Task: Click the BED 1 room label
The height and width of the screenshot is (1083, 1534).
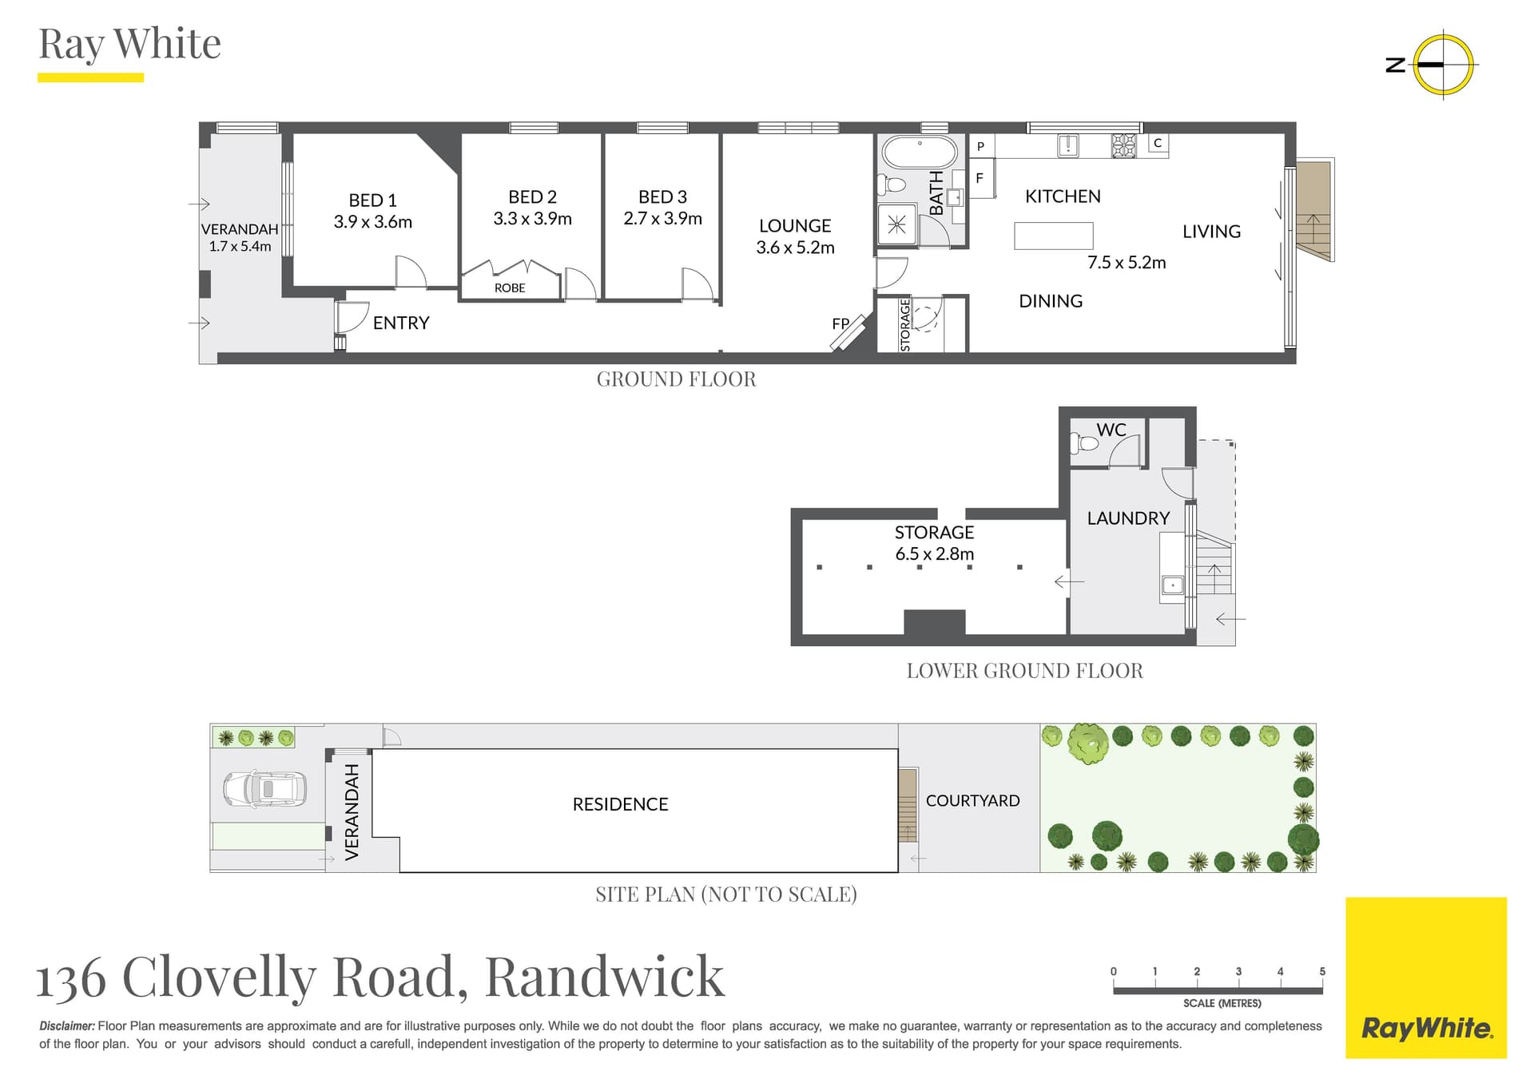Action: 372,200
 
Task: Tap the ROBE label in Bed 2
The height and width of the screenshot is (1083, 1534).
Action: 510,288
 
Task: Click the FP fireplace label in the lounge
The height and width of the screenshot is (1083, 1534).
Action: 841,323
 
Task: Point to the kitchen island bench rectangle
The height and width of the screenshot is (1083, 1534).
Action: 1053,236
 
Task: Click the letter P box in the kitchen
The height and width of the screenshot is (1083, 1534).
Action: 980,146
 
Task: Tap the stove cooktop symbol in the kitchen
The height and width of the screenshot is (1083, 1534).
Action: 1123,145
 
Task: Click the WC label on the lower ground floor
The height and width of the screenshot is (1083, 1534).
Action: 1111,430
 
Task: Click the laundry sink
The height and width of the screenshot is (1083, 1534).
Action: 1172,585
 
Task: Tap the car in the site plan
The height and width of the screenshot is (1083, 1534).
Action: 264,788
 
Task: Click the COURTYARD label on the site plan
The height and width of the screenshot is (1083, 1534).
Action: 972,800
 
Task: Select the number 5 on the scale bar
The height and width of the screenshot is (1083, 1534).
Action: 1322,971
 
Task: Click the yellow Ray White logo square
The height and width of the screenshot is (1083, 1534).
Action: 1425,977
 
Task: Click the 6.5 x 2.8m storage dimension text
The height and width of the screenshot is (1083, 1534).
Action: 934,553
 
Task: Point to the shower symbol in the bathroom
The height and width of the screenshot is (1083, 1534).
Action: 896,224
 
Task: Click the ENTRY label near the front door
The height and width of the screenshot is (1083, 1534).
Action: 401,323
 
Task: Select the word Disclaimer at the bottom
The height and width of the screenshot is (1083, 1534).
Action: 67,1025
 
